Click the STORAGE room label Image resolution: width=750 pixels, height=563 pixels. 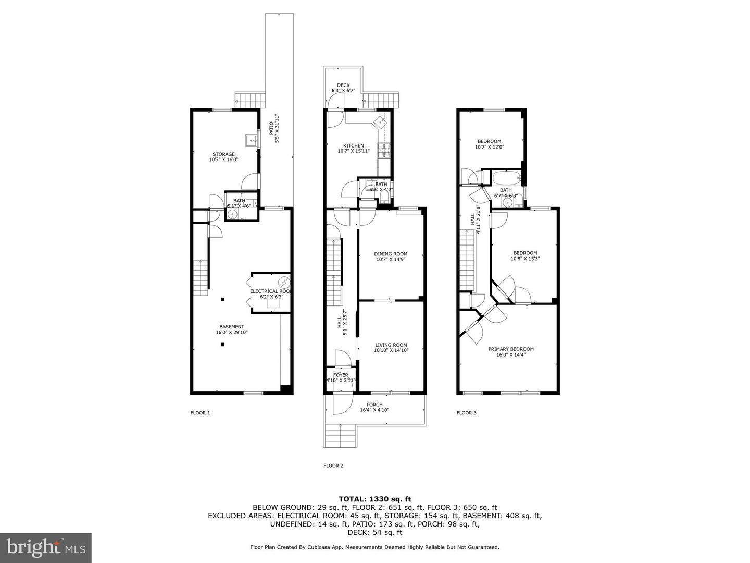[223, 157]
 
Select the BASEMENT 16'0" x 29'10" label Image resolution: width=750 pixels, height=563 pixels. [231, 329]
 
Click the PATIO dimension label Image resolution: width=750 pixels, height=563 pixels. [274, 129]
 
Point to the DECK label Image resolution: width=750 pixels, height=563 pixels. [343, 88]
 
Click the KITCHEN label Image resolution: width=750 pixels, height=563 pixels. [353, 148]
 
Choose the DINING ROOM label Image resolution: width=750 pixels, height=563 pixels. [391, 256]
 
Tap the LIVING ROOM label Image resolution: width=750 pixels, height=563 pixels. [391, 347]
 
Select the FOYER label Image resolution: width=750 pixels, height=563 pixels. [341, 377]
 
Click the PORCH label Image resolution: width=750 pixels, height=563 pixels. [374, 407]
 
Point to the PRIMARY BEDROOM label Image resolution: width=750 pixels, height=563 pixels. [510, 352]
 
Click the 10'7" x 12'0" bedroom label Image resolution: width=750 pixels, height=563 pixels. [489, 144]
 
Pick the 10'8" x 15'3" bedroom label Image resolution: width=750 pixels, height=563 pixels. [525, 255]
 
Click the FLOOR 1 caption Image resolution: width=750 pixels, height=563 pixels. [200, 413]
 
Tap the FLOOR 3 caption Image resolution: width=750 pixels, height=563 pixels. [466, 413]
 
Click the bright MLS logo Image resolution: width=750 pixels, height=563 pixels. [46, 547]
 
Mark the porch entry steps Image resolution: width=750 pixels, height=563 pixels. [340, 436]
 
